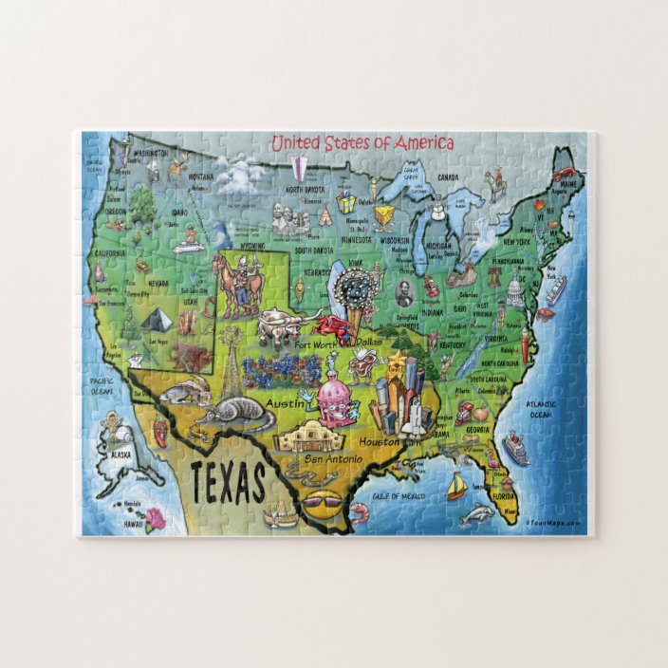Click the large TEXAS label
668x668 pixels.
pos(228,485)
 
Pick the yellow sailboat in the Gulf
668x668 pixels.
pos(455,487)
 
